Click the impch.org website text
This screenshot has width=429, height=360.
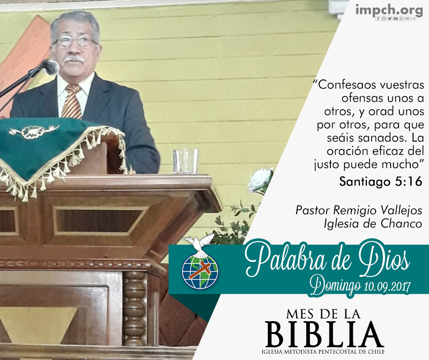tap(389, 10)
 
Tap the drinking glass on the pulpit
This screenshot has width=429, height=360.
tap(185, 161)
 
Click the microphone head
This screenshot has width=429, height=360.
tap(51, 67)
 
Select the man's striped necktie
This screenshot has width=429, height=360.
tap(72, 101)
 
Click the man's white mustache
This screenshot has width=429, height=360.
tap(74, 59)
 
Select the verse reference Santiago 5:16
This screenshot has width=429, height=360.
tap(381, 181)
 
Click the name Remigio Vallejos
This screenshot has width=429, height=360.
tap(377, 211)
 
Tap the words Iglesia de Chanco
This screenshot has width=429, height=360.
tap(373, 223)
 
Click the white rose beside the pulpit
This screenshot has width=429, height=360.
tap(261, 180)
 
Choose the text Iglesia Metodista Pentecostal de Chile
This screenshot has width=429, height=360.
tap(323, 351)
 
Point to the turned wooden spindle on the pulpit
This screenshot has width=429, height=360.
tap(134, 308)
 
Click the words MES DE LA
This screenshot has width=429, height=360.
tap(324, 314)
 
